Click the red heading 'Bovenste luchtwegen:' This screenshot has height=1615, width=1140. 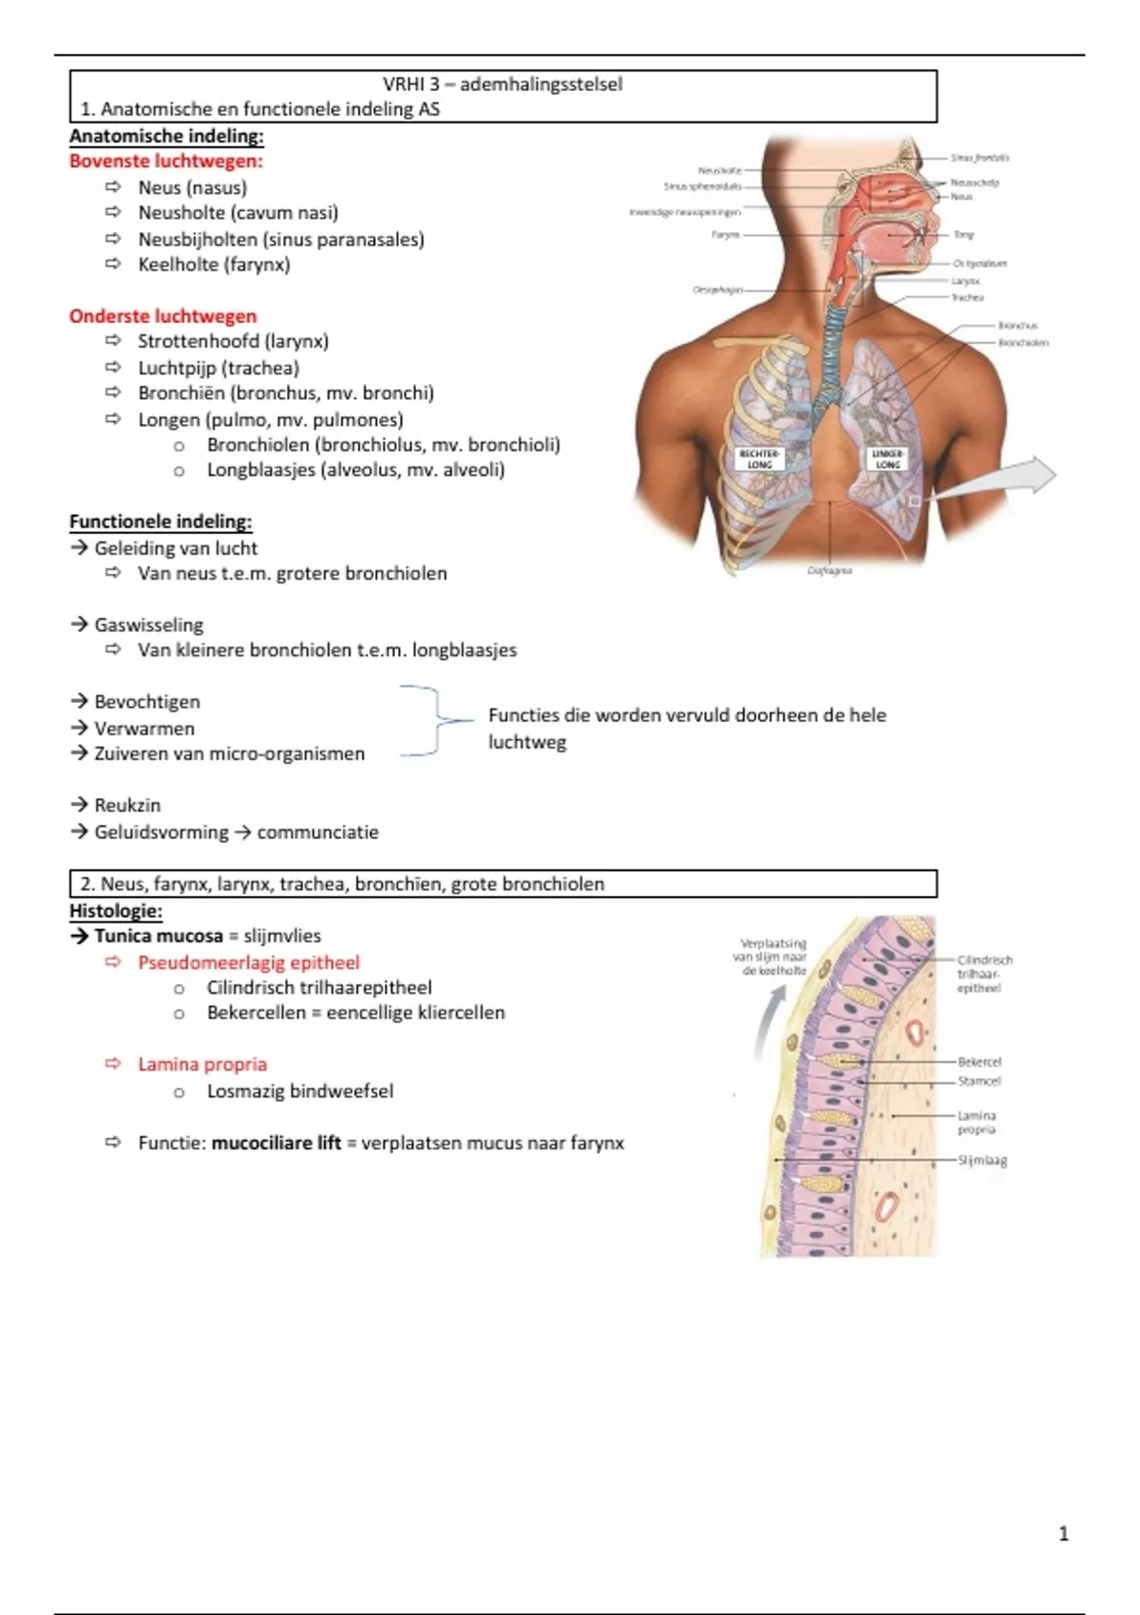pyautogui.click(x=165, y=161)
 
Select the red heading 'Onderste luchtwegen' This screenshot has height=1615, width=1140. pyautogui.click(x=162, y=316)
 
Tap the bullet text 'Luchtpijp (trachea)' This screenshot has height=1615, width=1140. pyautogui.click(x=218, y=368)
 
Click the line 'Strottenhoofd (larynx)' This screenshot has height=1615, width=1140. pyautogui.click(x=233, y=341)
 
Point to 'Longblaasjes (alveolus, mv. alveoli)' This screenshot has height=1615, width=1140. pyautogui.click(x=355, y=470)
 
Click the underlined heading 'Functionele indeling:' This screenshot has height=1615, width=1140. pyautogui.click(x=161, y=522)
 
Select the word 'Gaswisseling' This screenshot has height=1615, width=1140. pyautogui.click(x=149, y=625)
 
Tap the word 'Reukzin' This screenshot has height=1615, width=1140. pyautogui.click(x=127, y=806)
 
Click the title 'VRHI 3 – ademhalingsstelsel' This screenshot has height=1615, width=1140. pyautogui.click(x=503, y=85)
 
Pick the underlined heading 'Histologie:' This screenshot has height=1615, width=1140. pyautogui.click(x=116, y=911)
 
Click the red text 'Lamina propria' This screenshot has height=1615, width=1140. pyautogui.click(x=202, y=1065)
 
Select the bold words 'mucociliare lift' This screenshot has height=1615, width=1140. pyautogui.click(x=275, y=1144)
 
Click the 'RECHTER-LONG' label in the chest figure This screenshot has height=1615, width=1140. pyautogui.click(x=760, y=460)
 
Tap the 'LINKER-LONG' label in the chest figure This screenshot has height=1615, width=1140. pyautogui.click(x=888, y=460)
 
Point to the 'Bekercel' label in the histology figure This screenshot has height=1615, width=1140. pyautogui.click(x=979, y=1062)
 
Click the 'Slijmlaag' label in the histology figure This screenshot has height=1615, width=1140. pyautogui.click(x=982, y=1161)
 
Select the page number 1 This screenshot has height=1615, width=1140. pyautogui.click(x=1063, y=1533)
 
